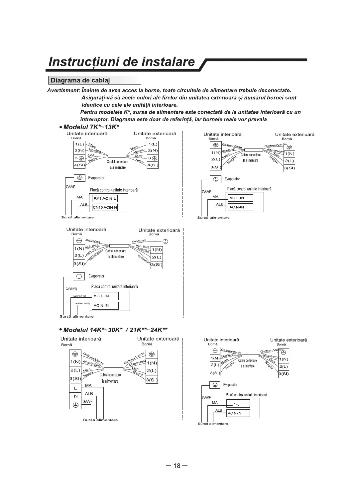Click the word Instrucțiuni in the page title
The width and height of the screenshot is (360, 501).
83,62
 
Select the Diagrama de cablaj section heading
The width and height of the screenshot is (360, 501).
80,80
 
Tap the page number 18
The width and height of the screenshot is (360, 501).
177,466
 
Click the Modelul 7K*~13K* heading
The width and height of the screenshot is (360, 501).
91,127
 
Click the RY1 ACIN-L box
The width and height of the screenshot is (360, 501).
105,199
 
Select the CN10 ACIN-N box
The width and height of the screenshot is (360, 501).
105,208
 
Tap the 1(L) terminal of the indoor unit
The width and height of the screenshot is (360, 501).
79,144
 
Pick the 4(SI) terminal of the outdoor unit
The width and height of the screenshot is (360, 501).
153,165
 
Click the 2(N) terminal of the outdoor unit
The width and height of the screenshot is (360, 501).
153,151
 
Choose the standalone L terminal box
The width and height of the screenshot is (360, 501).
75,388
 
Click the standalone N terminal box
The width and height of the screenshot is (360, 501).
75,396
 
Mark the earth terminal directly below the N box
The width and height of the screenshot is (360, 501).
75,404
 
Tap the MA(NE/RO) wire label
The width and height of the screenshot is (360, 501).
79,296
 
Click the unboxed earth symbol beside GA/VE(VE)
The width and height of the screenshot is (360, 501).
165,241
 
